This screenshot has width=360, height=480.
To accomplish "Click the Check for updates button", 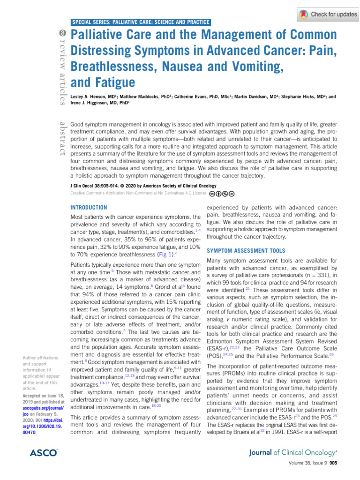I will click(328, 14).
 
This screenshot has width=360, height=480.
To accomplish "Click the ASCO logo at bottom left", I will click(43, 453).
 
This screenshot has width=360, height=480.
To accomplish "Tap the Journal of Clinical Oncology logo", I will click(288, 452).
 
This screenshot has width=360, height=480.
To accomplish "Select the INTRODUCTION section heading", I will click(89, 207).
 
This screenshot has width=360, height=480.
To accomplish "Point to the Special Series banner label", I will click(141, 22).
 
